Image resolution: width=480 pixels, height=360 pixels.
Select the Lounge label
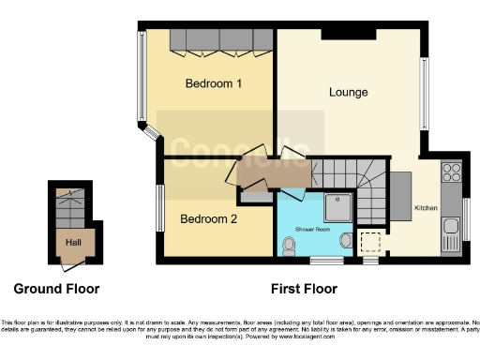click(348, 93)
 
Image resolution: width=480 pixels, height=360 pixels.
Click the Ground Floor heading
click(56, 289)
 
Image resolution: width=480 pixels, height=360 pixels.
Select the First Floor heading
click(303, 289)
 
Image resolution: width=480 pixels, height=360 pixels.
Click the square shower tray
click(334, 207)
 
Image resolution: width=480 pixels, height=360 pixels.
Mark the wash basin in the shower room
click(347, 242)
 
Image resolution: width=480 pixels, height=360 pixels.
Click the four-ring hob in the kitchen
click(451, 173)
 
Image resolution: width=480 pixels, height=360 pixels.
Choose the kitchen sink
click(451, 226)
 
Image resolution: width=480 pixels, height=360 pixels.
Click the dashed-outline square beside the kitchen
click(372, 242)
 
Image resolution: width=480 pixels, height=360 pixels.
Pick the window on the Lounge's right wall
click(423, 93)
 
